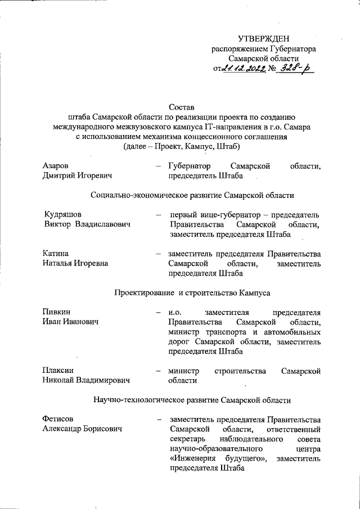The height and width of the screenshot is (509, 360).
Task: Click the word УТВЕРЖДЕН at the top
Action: click(x=263, y=39)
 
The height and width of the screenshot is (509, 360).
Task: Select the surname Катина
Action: click(x=55, y=253)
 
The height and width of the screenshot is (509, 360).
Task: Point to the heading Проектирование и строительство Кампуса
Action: click(x=192, y=292)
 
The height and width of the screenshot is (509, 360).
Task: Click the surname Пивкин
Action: click(x=56, y=312)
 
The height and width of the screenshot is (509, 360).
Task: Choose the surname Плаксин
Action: click(x=58, y=370)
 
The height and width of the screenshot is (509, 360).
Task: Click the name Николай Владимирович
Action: click(x=85, y=380)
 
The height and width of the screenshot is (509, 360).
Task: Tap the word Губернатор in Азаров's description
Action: click(x=189, y=166)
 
